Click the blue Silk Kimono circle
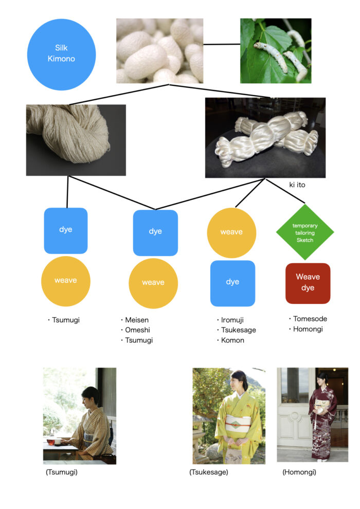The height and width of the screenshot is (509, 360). point(61,54)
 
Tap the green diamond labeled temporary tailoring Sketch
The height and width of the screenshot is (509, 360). point(304,232)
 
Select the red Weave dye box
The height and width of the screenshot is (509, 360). point(308,283)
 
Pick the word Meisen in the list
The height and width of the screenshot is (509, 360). point(137,320)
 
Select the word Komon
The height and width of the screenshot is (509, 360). point(233,340)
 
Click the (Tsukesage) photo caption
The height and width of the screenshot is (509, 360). point(208,472)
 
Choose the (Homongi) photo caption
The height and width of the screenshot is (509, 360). point(299,472)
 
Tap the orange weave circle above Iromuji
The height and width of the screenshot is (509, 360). point(231,232)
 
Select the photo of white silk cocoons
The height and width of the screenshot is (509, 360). point(159,50)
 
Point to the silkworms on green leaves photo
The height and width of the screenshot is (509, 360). point(276,50)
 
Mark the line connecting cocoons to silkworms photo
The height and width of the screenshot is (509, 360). point(222,44)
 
